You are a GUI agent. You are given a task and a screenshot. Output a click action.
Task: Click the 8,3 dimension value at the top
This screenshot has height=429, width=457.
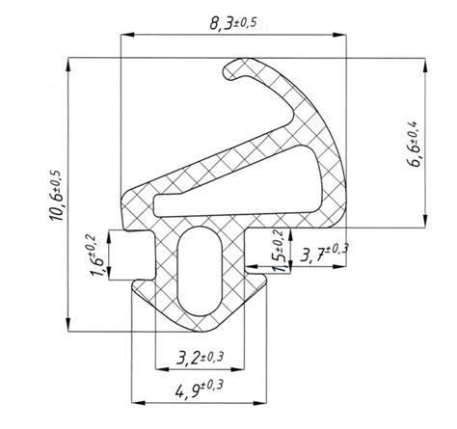click(x=222, y=23)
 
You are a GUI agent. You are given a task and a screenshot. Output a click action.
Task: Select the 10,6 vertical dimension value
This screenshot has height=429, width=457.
click(x=57, y=208)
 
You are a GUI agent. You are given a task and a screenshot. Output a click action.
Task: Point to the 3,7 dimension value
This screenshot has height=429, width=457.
click(x=311, y=256)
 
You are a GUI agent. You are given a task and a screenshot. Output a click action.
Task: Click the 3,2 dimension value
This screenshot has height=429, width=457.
click(x=188, y=358)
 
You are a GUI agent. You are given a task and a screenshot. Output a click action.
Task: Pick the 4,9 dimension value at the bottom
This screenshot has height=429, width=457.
click(x=187, y=391)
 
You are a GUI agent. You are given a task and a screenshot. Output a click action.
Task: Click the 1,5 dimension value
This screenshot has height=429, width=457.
click(x=281, y=262)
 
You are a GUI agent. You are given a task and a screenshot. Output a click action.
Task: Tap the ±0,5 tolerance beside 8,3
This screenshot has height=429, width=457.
click(x=246, y=22)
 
